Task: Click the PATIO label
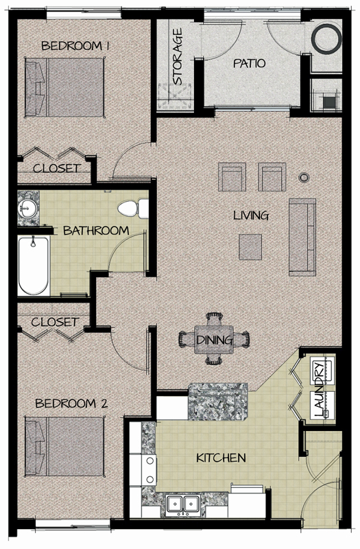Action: coord(249,63)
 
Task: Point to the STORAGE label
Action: coord(178,56)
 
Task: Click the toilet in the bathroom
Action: coord(133,207)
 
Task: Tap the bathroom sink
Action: coord(29,207)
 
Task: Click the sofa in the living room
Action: coord(302,235)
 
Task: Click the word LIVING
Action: coord(250,215)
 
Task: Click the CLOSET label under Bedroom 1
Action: coord(58,168)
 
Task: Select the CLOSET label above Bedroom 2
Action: coord(54,321)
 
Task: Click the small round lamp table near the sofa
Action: coord(303,178)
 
